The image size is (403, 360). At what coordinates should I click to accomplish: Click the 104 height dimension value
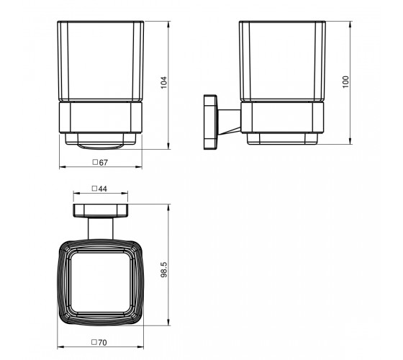(x=164, y=83)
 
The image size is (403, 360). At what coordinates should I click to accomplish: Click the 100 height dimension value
(x=346, y=82)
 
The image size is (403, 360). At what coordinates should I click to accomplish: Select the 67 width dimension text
(x=104, y=163)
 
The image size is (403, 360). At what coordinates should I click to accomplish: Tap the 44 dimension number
(x=102, y=189)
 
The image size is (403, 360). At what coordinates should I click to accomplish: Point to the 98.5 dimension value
(x=164, y=269)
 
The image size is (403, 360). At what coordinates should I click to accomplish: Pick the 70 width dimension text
(x=102, y=343)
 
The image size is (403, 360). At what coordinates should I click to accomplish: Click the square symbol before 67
(x=95, y=162)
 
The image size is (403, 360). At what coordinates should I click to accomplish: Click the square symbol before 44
(x=94, y=189)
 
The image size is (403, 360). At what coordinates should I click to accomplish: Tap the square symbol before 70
(x=94, y=342)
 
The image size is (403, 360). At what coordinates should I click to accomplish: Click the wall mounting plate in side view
(x=210, y=122)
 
